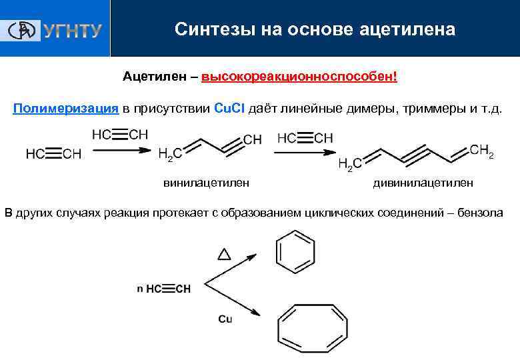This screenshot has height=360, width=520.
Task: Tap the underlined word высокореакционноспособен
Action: pyautogui.click(x=299, y=77)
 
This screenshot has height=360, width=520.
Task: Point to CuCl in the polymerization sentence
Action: pyautogui.click(x=233, y=108)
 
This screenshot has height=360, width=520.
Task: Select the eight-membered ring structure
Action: pyautogui.click(x=312, y=325)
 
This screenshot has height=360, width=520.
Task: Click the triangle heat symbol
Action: pyautogui.click(x=224, y=254)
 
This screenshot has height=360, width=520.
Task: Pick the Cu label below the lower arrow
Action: pyautogui.click(x=225, y=319)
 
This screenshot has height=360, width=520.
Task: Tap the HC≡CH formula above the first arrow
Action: pyautogui.click(x=120, y=135)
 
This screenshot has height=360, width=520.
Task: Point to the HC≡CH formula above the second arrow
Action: pyautogui.click(x=305, y=138)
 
